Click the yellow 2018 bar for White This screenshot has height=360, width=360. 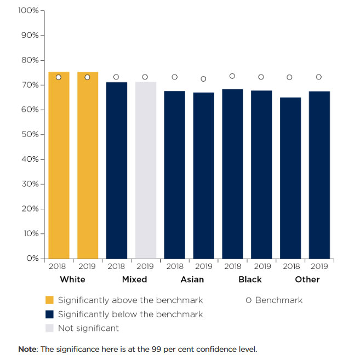coord(59,164)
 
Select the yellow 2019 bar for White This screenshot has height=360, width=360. coord(88,164)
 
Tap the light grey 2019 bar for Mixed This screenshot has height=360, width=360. coord(145,170)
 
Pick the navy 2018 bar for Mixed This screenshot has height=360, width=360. coord(116,170)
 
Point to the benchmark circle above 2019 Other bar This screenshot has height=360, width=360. coord(319,77)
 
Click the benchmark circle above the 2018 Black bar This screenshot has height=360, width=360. coord(232,76)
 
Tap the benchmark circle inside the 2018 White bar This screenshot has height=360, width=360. coord(59,77)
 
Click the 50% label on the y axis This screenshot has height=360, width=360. coord(30,135)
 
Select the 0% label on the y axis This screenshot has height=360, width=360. coord(32,258)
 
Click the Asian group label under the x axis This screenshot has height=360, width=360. coord(192,279)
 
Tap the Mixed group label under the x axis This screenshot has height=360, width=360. coord(134,279)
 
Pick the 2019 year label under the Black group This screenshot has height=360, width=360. coord(261,267)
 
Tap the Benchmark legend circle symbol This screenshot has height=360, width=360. coord(249,300)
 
